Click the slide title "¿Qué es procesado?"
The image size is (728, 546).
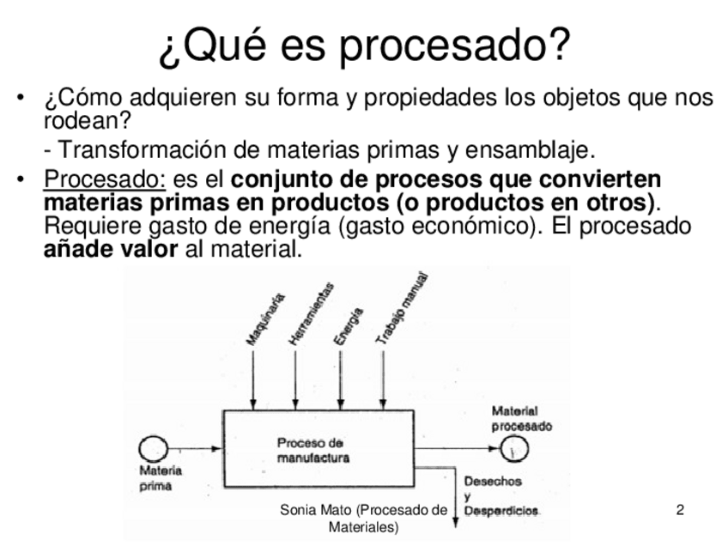[364, 46]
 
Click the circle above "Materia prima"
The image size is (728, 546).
[154, 448]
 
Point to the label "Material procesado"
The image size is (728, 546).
[522, 418]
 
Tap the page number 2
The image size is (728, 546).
[680, 511]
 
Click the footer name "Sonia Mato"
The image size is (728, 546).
[312, 511]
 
